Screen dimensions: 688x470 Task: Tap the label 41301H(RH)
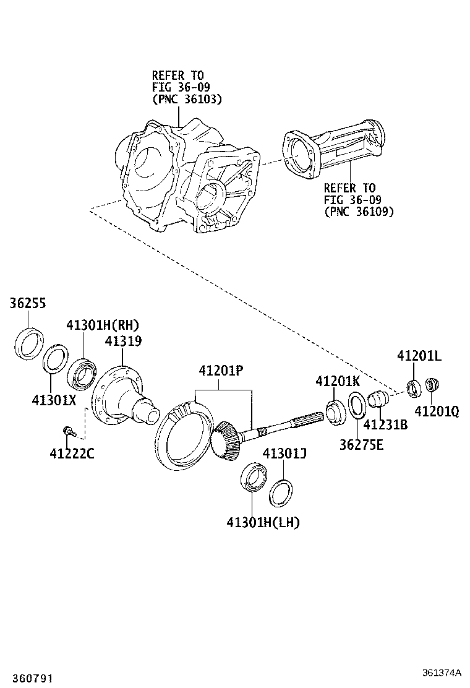[x=103, y=325]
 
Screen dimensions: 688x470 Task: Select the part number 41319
[x=123, y=341]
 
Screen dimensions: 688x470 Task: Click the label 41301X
[x=54, y=400]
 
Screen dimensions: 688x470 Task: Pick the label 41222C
[x=72, y=454]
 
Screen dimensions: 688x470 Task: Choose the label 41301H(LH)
[x=263, y=523]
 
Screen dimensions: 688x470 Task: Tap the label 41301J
[x=285, y=454]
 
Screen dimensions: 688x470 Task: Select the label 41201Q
[x=437, y=411]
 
